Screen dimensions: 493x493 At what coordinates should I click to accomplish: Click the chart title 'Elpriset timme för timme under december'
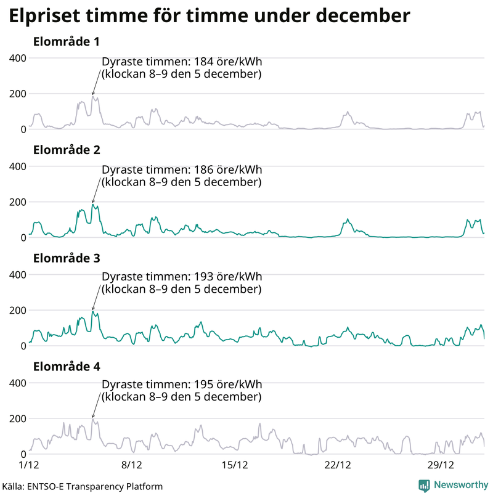tap(209, 16)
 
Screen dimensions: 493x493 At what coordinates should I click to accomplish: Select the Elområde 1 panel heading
tap(67, 42)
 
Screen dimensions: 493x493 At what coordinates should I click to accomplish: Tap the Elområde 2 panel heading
tap(67, 150)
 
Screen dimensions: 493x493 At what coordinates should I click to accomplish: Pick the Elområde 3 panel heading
tap(67, 258)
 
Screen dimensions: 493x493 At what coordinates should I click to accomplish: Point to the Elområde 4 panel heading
tap(67, 367)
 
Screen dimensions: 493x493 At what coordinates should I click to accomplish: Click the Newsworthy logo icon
tap(424, 486)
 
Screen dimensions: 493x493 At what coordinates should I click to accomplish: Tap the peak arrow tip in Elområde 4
tap(93, 418)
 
